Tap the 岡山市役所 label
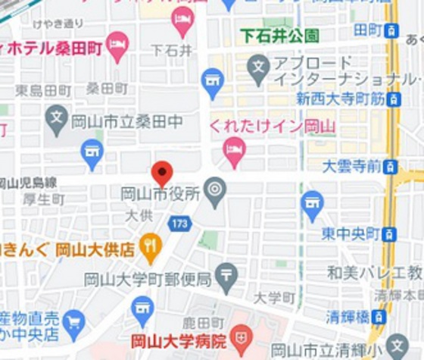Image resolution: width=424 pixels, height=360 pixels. [x=161, y=195]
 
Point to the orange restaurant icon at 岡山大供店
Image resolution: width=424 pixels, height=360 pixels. [x=151, y=245]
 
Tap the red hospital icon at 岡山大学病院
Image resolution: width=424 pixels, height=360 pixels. [x=242, y=337]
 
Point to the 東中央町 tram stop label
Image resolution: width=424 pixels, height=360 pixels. [x=348, y=234]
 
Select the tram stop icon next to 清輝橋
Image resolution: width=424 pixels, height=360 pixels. [x=379, y=317]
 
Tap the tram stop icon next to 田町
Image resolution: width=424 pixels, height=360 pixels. [x=391, y=30]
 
